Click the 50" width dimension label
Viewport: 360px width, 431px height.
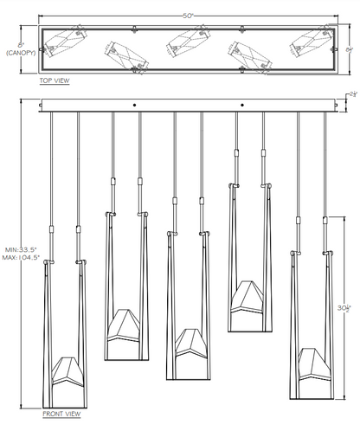click(x=188, y=16)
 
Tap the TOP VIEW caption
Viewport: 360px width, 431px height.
click(x=55, y=80)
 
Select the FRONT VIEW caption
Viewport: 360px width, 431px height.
click(x=61, y=414)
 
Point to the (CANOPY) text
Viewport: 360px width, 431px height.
click(x=21, y=53)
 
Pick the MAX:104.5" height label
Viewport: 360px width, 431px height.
click(x=21, y=258)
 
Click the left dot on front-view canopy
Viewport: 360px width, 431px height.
click(x=134, y=106)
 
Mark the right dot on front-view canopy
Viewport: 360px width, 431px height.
click(x=242, y=105)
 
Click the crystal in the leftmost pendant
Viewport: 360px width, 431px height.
click(x=67, y=372)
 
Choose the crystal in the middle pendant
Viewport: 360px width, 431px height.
click(x=191, y=344)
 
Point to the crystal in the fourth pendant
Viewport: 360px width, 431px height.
click(x=247, y=297)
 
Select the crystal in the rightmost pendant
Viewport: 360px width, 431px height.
click(x=314, y=364)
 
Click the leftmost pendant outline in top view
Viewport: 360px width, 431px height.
click(x=66, y=42)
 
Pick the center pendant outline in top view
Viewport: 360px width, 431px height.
click(x=189, y=41)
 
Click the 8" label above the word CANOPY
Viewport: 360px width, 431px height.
click(x=21, y=45)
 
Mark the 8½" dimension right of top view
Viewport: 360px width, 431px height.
click(x=350, y=49)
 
